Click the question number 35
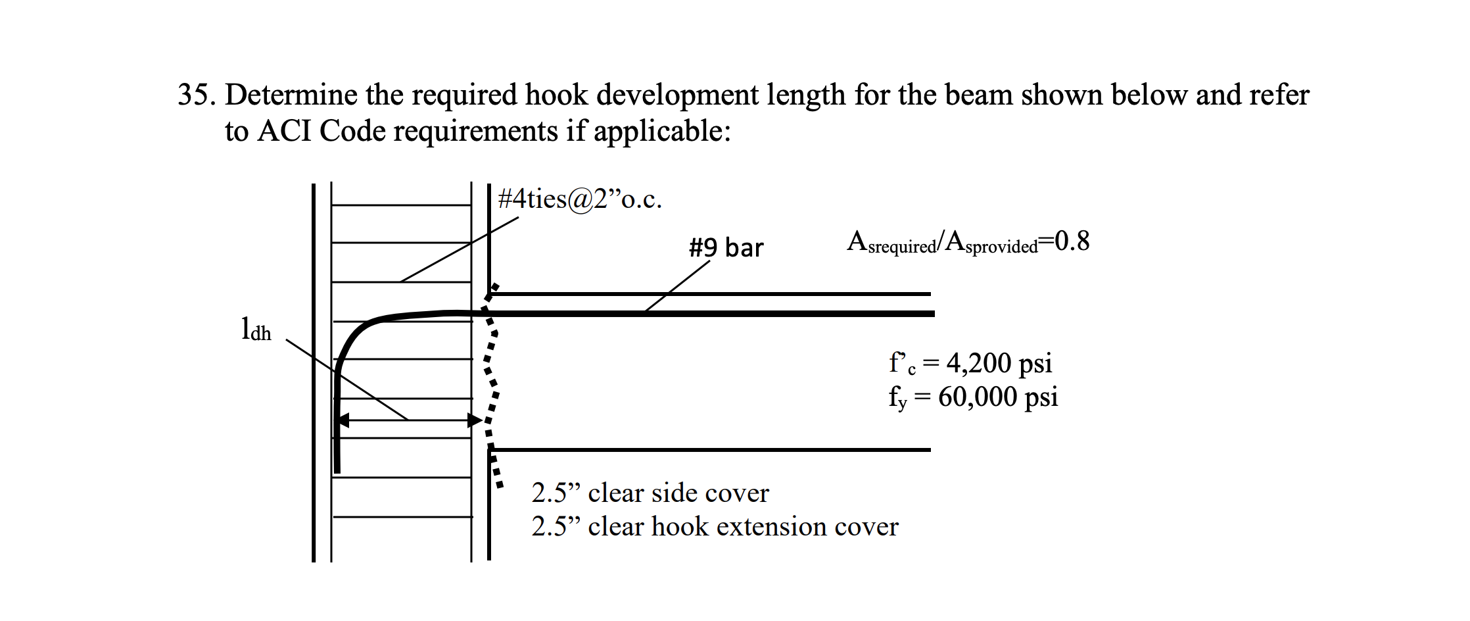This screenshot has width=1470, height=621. click(x=195, y=95)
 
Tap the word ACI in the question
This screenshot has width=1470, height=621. click(x=284, y=132)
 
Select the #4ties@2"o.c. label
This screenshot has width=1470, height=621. click(x=579, y=199)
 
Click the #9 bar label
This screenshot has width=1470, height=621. click(x=726, y=248)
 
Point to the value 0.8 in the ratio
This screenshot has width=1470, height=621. click(x=1072, y=241)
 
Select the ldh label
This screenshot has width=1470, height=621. click(x=256, y=330)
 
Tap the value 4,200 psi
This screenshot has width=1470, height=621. click(x=998, y=363)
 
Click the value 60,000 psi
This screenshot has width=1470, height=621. click(x=997, y=397)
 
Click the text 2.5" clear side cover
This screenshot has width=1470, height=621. click(x=650, y=493)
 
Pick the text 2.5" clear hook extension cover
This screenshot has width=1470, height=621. click(x=714, y=527)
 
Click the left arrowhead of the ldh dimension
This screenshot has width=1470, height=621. click(x=343, y=420)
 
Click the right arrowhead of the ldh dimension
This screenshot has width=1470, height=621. click(x=475, y=420)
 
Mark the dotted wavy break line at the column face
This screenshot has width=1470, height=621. click(x=491, y=382)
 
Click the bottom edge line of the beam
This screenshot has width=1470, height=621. click(x=710, y=450)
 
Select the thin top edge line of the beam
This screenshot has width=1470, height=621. click(x=710, y=294)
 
